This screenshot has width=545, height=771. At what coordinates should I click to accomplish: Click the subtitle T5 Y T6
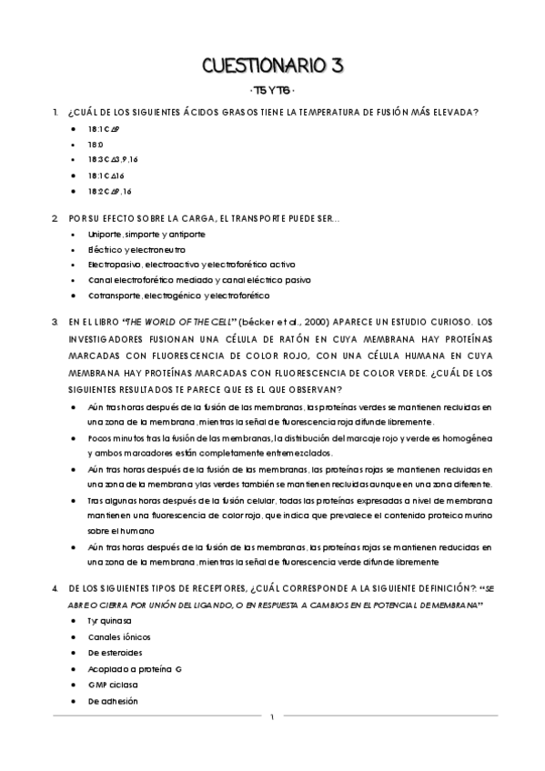coord(272,91)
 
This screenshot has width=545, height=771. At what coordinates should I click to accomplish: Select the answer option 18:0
coord(96,145)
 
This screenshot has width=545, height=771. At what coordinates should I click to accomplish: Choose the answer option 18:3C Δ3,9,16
coord(112,160)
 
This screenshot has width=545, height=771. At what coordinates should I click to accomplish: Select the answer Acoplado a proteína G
coord(135,670)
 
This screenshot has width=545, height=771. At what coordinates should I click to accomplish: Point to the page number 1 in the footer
coord(272,719)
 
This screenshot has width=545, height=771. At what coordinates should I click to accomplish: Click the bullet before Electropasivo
coord(74,265)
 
